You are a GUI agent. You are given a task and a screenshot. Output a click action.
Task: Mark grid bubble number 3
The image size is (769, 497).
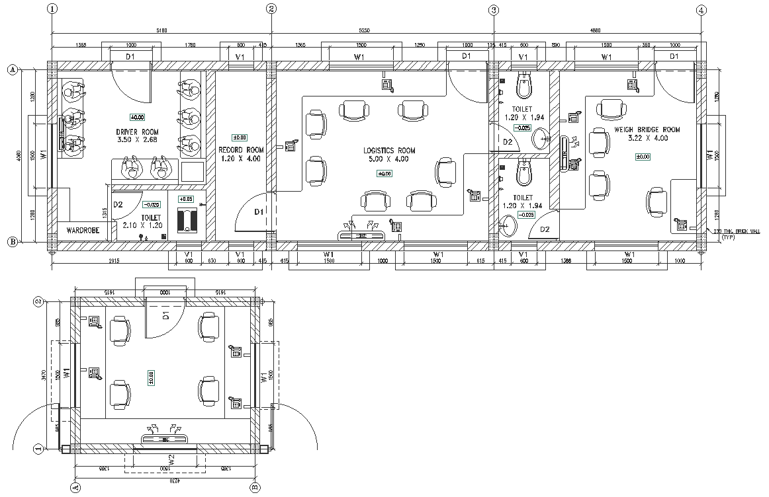pyautogui.click(x=493, y=9)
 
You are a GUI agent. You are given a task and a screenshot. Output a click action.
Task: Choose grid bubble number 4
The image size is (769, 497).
pyautogui.click(x=701, y=9)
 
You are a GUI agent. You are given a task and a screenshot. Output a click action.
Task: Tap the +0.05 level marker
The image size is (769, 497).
pyautogui.click(x=185, y=199)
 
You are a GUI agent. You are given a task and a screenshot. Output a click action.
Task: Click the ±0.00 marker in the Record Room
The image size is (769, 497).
pyautogui.click(x=240, y=137)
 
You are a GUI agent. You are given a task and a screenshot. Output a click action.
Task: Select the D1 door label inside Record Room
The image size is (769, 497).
pyautogui.click(x=259, y=211)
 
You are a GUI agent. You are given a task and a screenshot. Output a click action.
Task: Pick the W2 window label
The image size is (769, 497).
pyautogui.click(x=170, y=459)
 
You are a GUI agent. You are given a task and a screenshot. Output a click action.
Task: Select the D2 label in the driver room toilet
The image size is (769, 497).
pyautogui.click(x=118, y=205)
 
